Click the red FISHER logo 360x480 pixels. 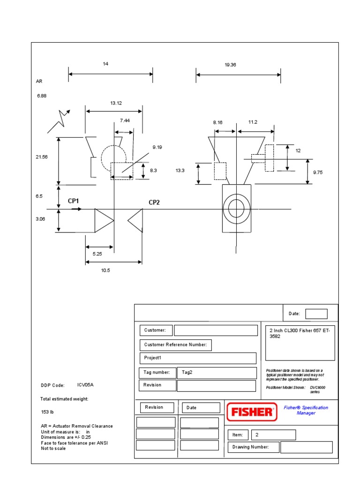click(250, 412)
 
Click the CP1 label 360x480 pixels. click(74, 201)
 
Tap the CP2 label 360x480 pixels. click(154, 202)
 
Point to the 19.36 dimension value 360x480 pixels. click(230, 65)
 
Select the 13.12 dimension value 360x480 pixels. click(116, 103)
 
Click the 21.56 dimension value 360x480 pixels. click(42, 157)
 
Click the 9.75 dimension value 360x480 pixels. click(318, 172)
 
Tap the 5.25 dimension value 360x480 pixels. click(97, 254)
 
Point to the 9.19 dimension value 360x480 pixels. click(157, 147)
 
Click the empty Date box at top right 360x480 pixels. click(316, 314)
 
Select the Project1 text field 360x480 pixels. click(198, 358)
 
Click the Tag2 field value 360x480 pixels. click(217, 373)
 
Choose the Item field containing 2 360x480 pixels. click(273, 435)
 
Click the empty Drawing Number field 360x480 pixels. click(306, 447)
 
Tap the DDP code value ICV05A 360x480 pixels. click(86, 385)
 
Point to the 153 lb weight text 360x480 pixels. click(48, 412)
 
